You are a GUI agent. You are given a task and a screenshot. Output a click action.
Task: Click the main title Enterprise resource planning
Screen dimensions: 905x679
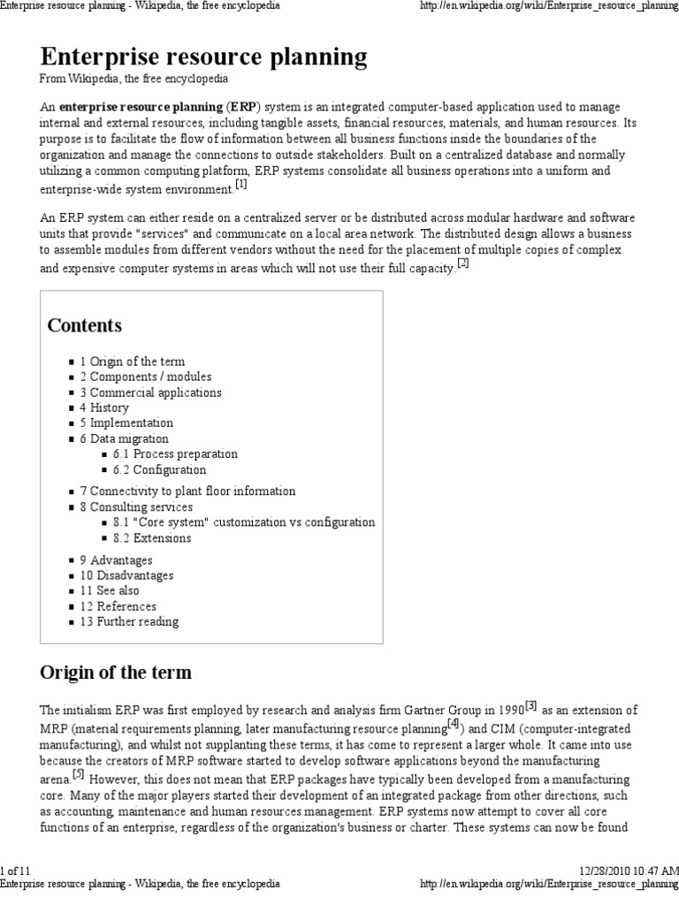pyautogui.click(x=203, y=57)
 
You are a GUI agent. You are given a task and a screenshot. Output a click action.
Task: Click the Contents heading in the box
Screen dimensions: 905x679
pyautogui.click(x=85, y=325)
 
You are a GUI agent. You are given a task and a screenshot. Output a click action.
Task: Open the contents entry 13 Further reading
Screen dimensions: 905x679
pyautogui.click(x=128, y=621)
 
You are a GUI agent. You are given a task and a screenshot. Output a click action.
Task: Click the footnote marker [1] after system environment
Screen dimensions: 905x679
pyautogui.click(x=241, y=186)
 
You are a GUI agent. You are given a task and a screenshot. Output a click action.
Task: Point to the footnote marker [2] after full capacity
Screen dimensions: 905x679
pyautogui.click(x=462, y=264)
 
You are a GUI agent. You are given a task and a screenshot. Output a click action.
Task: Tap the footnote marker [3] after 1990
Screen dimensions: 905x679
pyautogui.click(x=530, y=705)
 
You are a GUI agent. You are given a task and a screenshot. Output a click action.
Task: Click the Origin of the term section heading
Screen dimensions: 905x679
pyautogui.click(x=116, y=673)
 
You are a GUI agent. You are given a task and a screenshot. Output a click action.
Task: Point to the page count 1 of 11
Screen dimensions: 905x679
pyautogui.click(x=18, y=870)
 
